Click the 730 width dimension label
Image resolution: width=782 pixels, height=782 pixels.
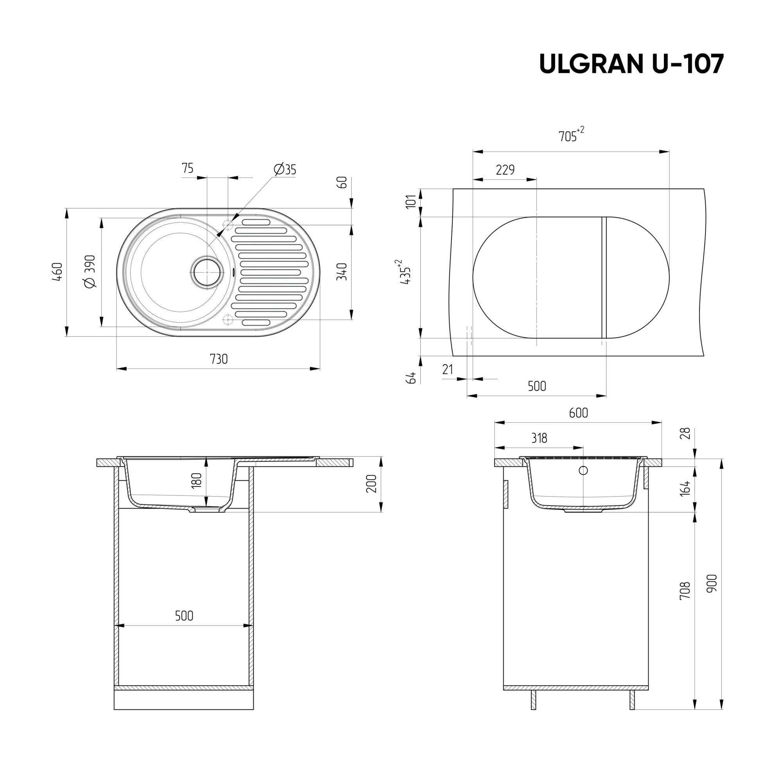pos(219,359)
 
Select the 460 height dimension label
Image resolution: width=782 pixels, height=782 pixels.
pos(57,272)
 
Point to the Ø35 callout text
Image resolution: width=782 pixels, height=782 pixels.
pos(285,169)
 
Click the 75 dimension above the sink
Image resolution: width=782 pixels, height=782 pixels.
pos(187,168)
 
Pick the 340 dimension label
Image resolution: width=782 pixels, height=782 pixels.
pos(342,272)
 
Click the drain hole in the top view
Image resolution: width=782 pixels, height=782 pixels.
pos(207,272)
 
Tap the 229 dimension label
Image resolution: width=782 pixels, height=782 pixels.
pos(505,170)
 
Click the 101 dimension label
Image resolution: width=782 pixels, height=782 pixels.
pos(411,202)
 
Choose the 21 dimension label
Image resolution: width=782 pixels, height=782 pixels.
pos(447,369)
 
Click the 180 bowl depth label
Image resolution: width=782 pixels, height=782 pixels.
pos(196,481)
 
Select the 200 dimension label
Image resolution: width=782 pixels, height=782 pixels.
pos(371,484)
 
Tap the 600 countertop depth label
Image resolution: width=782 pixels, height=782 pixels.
pos(578,413)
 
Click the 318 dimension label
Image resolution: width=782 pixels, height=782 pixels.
pos(539,438)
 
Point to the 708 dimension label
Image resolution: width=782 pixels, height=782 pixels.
pos(685,590)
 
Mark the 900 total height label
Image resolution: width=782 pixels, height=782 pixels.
pos(712,583)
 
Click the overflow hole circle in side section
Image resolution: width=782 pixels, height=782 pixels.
pos(583,470)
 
